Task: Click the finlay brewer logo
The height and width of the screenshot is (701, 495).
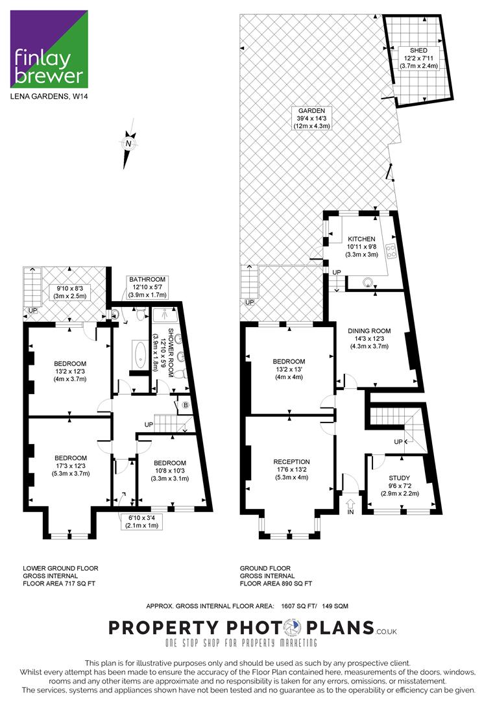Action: point(49,49)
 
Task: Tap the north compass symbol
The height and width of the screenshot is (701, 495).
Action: point(129,144)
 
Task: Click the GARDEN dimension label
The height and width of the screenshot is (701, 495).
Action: point(312,118)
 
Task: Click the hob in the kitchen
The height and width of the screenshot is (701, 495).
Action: point(391,251)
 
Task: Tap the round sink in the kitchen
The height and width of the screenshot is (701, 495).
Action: point(368,282)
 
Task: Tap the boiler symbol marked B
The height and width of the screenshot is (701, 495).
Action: point(185,406)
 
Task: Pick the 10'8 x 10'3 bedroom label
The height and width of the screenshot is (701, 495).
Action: point(170,471)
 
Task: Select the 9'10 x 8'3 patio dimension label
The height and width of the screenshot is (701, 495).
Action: point(70,292)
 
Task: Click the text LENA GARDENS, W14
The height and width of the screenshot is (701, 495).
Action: point(49,95)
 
